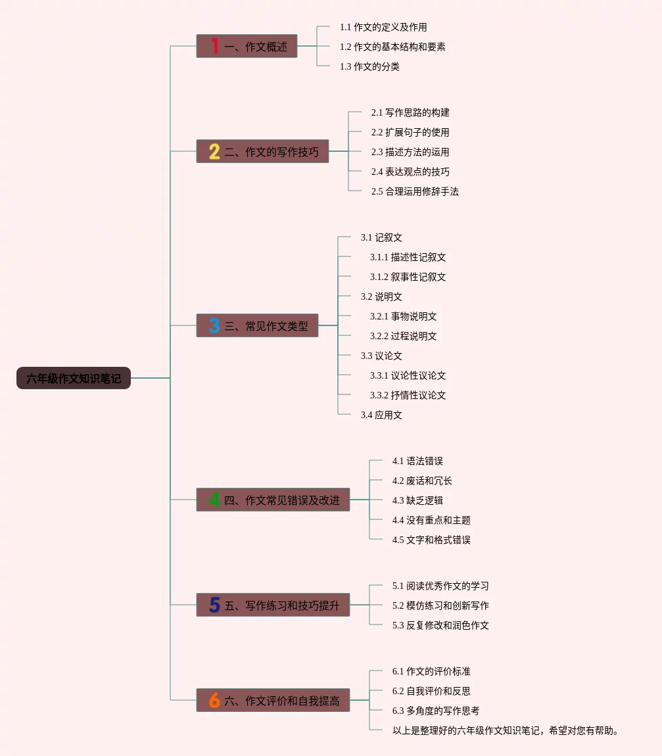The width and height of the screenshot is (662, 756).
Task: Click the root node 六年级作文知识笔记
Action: click(x=73, y=378)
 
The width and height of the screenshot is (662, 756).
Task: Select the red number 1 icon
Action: click(x=215, y=46)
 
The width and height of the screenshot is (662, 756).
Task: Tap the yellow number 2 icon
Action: click(x=214, y=151)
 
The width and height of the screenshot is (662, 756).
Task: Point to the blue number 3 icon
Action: click(x=214, y=325)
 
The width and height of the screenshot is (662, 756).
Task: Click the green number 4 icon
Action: click(x=214, y=500)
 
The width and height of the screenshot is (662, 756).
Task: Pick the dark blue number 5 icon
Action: click(x=214, y=605)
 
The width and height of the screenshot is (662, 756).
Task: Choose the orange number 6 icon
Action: click(x=214, y=700)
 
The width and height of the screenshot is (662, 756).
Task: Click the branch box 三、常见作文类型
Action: click(x=257, y=325)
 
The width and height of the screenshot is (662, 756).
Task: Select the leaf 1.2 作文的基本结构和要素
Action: click(x=392, y=47)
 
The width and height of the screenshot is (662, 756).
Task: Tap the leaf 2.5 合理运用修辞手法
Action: click(x=415, y=191)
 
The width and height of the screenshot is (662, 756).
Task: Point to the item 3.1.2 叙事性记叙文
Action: click(x=408, y=277)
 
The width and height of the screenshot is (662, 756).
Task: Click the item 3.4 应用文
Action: click(x=381, y=415)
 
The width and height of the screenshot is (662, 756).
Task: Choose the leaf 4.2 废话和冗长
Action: click(x=422, y=481)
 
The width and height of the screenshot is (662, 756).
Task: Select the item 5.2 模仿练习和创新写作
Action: click(x=440, y=605)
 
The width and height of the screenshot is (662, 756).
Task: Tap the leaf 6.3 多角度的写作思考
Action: click(x=435, y=711)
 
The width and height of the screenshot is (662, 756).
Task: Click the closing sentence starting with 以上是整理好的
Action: click(x=506, y=730)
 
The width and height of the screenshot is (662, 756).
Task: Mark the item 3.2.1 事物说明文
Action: click(x=403, y=316)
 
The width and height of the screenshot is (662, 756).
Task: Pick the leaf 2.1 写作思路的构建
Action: click(x=410, y=112)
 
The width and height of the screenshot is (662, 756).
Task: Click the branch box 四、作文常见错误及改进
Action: click(x=273, y=500)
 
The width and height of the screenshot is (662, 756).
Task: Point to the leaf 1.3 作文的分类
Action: click(x=369, y=66)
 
